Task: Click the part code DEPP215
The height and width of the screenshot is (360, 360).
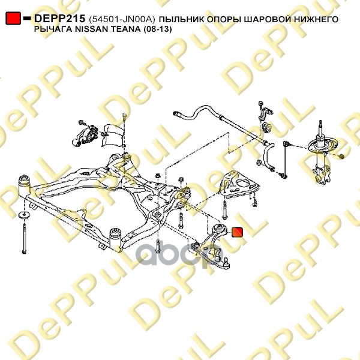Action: tap(59, 19)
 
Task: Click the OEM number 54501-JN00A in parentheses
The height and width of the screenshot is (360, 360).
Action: tap(122, 19)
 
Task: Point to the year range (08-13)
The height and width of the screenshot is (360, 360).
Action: tap(157, 29)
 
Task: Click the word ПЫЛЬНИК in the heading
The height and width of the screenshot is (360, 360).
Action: tap(181, 19)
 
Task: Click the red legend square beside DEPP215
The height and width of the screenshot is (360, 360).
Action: tap(13, 18)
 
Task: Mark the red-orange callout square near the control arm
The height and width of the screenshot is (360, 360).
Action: tap(238, 232)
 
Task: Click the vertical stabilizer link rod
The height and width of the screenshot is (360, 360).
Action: tap(285, 159)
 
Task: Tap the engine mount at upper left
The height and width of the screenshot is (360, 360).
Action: tap(85, 134)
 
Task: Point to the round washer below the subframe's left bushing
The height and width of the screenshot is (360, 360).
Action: tap(23, 215)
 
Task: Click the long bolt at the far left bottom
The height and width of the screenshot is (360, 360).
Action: tap(24, 238)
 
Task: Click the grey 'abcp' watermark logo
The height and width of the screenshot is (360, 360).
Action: tap(179, 253)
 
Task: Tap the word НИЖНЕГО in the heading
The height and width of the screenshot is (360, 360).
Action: tap(313, 19)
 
